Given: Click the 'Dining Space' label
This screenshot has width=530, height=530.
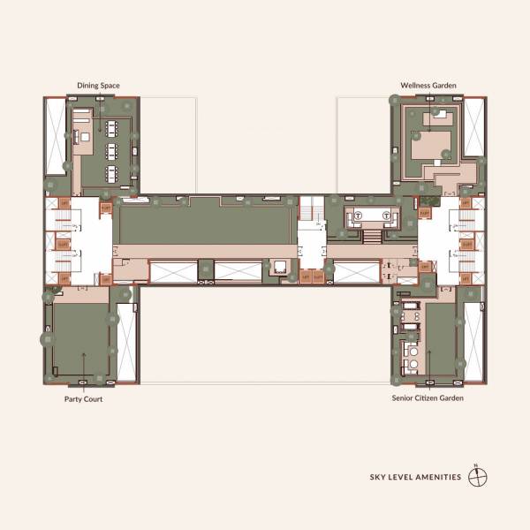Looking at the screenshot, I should [x=97, y=85].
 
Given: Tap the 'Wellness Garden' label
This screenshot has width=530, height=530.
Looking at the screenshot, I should [x=428, y=85].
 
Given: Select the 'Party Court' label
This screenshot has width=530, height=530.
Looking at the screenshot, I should [x=82, y=398].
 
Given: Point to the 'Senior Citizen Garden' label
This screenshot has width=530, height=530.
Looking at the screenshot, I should [x=428, y=398].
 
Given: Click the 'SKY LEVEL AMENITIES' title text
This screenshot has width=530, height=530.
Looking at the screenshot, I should [x=415, y=477].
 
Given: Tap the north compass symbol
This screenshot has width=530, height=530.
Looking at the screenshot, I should [x=479, y=477].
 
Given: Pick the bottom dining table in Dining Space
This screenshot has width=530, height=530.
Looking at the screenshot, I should [x=112, y=170].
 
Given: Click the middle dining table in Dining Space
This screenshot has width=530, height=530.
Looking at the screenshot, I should [x=112, y=149].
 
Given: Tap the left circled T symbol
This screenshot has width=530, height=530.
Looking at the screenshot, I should [x=359, y=216].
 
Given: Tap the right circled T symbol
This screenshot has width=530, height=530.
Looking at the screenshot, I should [x=388, y=216].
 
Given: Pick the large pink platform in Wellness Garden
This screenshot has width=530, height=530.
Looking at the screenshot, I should [x=430, y=143].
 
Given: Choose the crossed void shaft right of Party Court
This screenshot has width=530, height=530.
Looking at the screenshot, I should [x=125, y=342].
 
